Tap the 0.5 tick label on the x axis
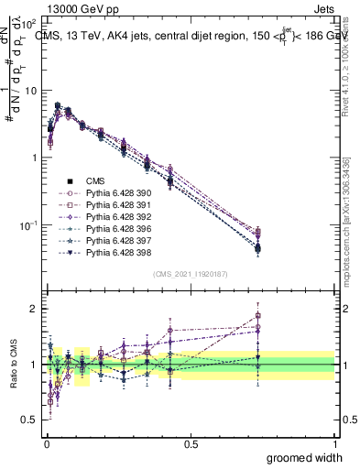(x=191, y=443)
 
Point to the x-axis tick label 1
(x=334, y=443)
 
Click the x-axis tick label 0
(x=47, y=443)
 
